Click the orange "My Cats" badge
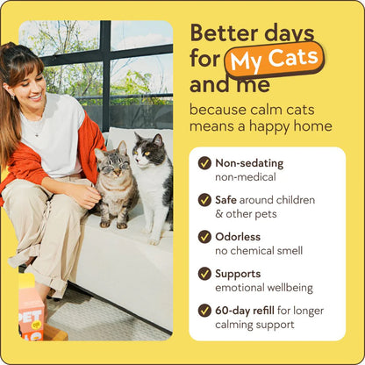(274, 61)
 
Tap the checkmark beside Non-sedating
(204, 163)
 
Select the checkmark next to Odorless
(204, 237)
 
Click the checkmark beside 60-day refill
(204, 310)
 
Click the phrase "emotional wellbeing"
(262, 287)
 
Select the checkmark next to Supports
(204, 274)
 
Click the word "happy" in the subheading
(277, 126)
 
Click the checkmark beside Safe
(204, 200)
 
